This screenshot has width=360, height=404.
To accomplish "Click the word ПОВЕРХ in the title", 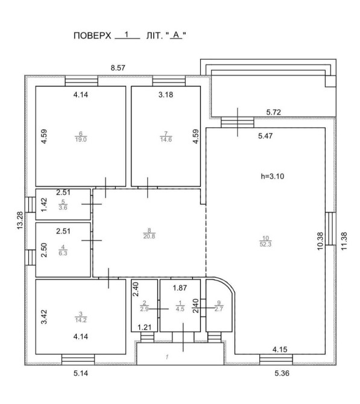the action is tap(92, 36).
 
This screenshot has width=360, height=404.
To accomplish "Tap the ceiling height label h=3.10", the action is tap(273, 176).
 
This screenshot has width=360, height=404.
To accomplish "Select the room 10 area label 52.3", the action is tap(265, 244).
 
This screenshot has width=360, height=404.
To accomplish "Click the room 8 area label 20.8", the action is tap(149, 236).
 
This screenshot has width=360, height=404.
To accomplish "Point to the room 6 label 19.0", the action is tap(81, 140).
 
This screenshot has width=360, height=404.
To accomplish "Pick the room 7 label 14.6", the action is tap(166, 140).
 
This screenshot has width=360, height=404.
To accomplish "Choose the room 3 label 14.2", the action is tap(81, 320).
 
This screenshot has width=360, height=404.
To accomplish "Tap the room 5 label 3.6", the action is tap(63, 208).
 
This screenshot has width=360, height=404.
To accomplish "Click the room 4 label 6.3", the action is tap(63, 253).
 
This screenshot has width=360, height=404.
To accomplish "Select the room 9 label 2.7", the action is tap(219, 309).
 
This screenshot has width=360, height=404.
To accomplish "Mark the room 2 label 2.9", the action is tap(144, 309).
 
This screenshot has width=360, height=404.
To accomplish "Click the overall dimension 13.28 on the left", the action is tap(20, 221).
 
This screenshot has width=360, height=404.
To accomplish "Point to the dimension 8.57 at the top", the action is tap(118, 68).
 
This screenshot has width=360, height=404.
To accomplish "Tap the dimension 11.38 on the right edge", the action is tap(344, 241).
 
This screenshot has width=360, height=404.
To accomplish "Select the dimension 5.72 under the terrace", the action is tap(273, 112).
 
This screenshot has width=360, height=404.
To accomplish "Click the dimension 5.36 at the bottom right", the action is tap(282, 373).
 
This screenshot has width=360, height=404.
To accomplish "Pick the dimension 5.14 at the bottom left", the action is tap(81, 373).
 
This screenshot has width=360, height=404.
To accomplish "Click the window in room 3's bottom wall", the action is tap(78, 359).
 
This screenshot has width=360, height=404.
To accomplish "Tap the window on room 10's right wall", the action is tap(330, 229).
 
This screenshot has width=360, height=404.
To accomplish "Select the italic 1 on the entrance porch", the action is tap(167, 357).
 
